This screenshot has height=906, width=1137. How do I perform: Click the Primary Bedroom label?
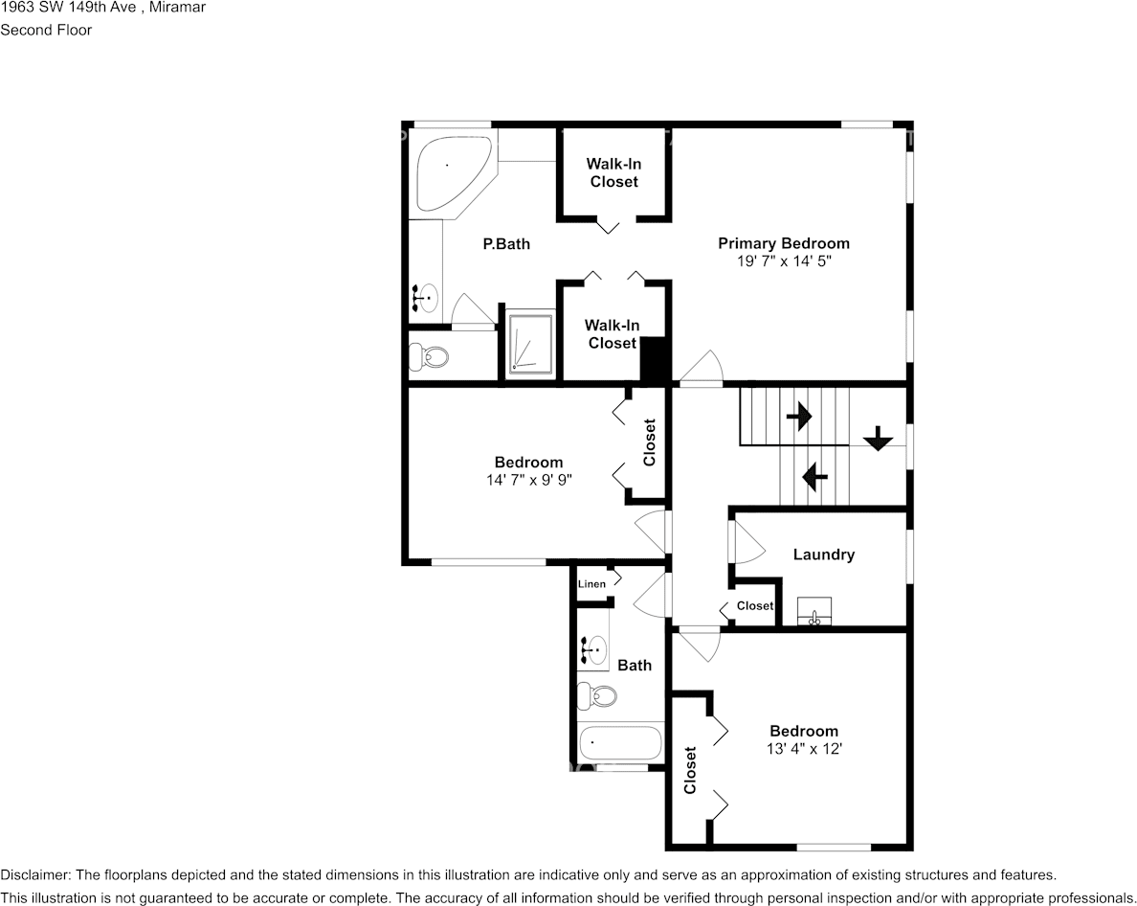coord(783,243)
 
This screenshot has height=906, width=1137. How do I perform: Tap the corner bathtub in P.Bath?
coord(451,174)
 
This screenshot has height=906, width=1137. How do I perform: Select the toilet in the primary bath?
coord(429,356)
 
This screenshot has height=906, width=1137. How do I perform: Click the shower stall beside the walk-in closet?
coord(530,344)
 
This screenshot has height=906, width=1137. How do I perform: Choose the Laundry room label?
coord(824,555)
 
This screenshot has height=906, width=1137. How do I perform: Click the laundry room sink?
coord(814,611)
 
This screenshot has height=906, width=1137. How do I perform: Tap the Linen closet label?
coord(591,584)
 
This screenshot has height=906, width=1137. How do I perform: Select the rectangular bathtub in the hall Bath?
coord(620,743)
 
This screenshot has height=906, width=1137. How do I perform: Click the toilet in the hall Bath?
coord(597,697)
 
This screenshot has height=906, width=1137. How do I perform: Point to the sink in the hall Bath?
coord(593,650)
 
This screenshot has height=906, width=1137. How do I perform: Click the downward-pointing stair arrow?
coord(879,438)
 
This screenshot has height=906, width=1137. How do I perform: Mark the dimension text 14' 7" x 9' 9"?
coord(529,480)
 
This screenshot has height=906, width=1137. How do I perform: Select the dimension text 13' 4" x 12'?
coord(804,749)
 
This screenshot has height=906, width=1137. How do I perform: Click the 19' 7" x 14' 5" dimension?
coord(784,261)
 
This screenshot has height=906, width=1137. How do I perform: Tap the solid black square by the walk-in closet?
coord(656,359)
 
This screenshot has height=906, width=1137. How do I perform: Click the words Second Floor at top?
coord(46,30)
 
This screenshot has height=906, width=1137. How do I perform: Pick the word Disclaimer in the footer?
coord(34,875)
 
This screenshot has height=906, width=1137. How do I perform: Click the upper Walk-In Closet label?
coord(614,172)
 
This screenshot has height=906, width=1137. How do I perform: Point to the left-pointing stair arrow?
coord(815,477)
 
